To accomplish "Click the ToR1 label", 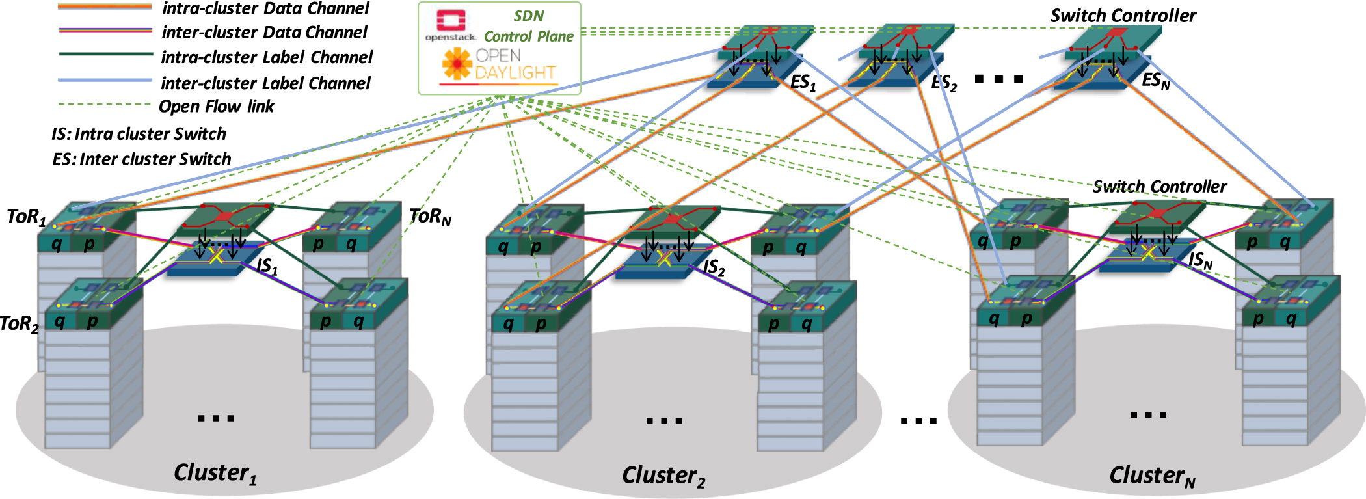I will coord(26,216).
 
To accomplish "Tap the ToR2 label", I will coord(20,323).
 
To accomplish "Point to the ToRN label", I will coord(430,216).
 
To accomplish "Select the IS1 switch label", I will coord(267,266).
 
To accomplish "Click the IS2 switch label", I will coord(714,267).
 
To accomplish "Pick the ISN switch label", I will coord(1201,261).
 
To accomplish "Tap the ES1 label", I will coord(803,83).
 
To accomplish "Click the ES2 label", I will coord(944,83).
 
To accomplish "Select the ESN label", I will coord(1156,81).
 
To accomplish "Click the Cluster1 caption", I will coord(215,473).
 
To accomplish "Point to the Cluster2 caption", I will coord(663,476).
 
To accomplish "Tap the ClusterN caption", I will coord(1152,476).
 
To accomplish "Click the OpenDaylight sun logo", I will coord(457,64).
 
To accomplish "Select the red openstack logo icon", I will coord(450,21).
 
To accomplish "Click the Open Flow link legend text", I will coord(216,106).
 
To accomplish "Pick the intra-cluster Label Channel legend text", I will coord(267,57).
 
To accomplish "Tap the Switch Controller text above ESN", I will coord(1123,16).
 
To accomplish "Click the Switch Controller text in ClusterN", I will coord(1159,187).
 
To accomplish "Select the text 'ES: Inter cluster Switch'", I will coord(142,159).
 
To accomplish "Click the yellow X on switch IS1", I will coord(215,256).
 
